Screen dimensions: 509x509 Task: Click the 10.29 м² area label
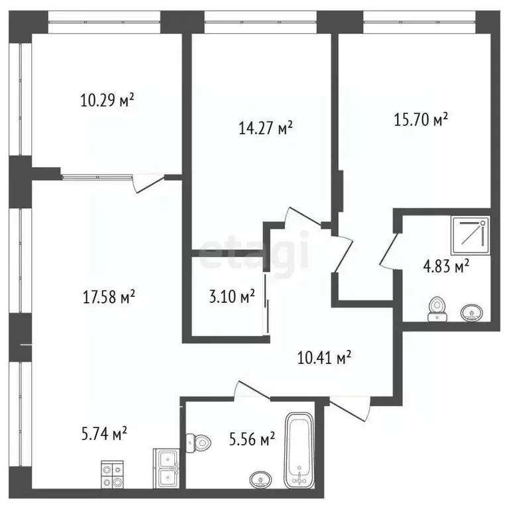(107, 101)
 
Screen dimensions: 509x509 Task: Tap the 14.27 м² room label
(265, 128)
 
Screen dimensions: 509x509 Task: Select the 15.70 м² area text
(421, 120)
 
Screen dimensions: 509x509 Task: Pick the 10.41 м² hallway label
(323, 359)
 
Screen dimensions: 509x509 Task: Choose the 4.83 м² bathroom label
(446, 266)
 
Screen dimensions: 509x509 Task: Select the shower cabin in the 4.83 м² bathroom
(471, 236)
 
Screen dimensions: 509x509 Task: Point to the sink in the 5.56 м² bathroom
(260, 479)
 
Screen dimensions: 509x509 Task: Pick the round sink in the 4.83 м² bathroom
(472, 311)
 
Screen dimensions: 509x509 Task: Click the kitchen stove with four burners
(111, 473)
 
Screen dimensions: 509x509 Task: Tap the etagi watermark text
(255, 251)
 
